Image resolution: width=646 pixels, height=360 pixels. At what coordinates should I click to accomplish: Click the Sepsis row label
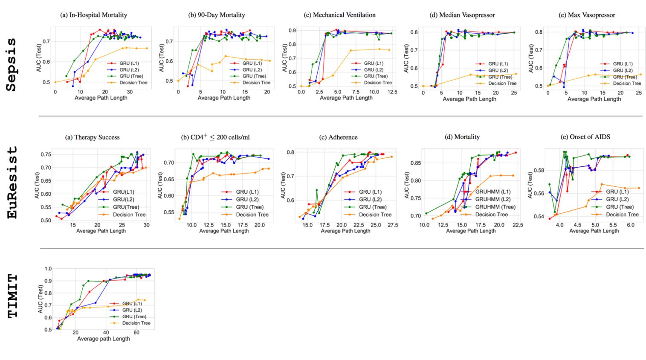click(x=12, y=64)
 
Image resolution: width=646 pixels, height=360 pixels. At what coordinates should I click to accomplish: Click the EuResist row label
click(x=13, y=183)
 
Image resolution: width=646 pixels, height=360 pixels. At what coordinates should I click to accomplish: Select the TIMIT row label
click(x=13, y=296)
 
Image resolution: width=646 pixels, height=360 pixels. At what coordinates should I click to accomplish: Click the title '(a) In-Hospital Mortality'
click(x=94, y=15)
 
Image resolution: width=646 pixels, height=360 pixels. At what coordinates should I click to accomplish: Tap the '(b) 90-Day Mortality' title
click(x=217, y=15)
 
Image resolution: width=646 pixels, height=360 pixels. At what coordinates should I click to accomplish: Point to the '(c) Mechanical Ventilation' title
click(x=340, y=15)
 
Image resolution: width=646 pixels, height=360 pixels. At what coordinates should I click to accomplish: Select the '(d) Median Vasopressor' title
click(x=462, y=15)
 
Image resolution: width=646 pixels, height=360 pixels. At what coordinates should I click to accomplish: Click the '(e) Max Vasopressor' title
click(x=587, y=15)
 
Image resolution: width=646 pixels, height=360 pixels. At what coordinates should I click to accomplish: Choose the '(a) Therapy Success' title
click(x=92, y=137)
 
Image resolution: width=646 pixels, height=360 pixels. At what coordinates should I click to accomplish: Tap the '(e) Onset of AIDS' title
click(x=585, y=137)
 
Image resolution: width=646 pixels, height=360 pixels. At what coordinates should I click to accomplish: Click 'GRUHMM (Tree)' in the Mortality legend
click(x=495, y=207)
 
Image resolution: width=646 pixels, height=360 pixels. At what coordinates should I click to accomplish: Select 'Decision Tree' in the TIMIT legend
click(x=136, y=323)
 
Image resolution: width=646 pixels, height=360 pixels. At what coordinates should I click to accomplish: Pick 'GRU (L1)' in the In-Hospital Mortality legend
click(x=129, y=63)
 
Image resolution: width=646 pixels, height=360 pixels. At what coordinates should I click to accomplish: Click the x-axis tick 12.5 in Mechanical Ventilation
click(x=392, y=92)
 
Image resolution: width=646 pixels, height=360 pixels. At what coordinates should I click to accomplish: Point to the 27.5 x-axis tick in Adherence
click(x=392, y=225)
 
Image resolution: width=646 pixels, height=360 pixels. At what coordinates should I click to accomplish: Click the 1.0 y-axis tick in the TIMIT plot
click(x=48, y=269)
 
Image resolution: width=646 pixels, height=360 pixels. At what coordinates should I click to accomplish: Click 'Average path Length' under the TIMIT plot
click(x=103, y=339)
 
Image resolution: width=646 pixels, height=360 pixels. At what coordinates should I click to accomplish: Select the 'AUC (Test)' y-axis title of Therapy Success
click(x=37, y=185)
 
